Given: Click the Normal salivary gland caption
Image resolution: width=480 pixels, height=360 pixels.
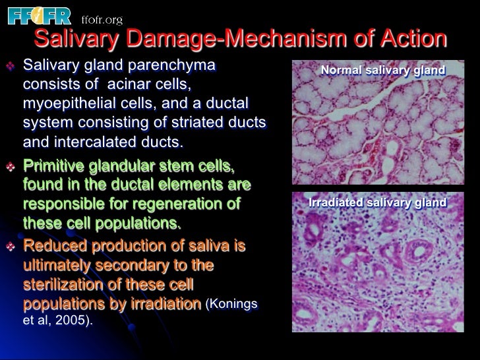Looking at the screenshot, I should click(382, 70).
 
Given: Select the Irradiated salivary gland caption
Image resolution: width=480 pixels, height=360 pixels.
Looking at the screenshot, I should click(377, 202).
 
